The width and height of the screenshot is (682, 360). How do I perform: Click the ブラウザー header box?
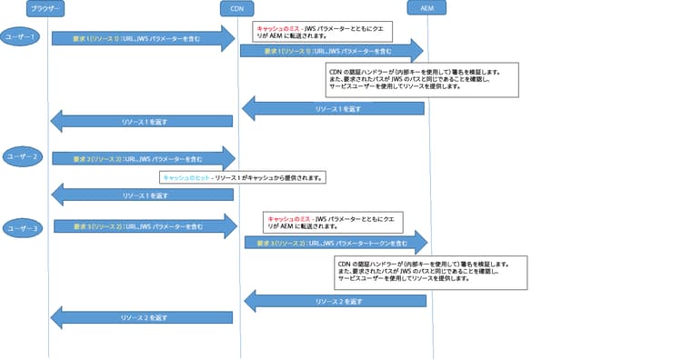(46, 8)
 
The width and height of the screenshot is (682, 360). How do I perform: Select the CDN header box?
(236, 8)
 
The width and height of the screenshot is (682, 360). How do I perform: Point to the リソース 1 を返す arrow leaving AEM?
(333, 109)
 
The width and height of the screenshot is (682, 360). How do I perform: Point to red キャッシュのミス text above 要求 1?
(277, 29)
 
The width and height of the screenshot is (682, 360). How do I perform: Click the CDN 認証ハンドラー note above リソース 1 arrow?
(419, 79)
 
